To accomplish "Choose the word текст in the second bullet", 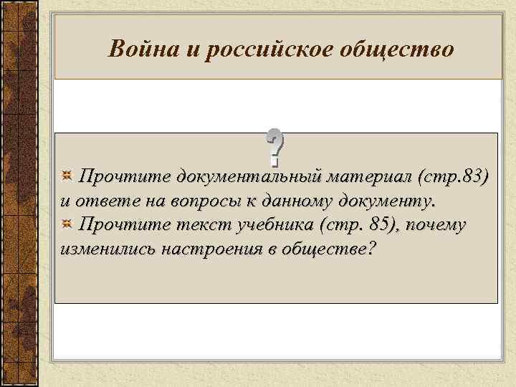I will pyautogui.click(x=188, y=225).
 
